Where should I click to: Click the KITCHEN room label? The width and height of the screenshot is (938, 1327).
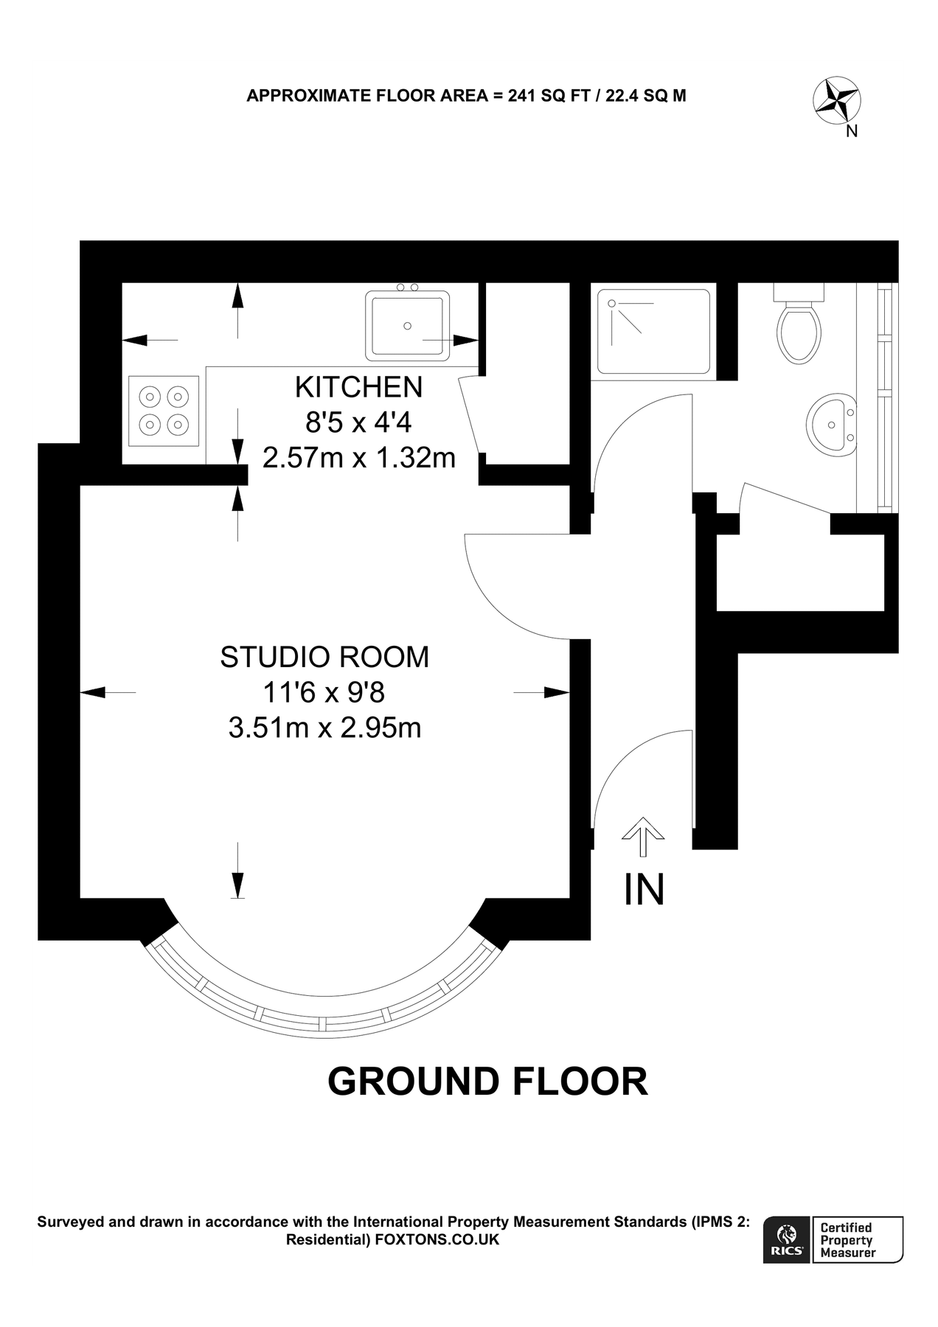(x=358, y=387)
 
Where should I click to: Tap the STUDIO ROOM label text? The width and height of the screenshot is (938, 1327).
(x=324, y=657)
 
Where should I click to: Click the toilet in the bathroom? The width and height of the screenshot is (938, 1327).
(x=799, y=328)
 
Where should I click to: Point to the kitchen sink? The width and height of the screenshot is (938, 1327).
(x=408, y=325)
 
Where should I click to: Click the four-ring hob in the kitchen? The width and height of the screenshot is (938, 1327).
(x=164, y=411)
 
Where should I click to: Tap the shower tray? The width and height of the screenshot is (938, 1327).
(x=653, y=331)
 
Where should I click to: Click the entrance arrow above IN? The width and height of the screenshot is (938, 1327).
(x=643, y=836)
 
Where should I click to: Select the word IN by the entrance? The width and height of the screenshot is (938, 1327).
(x=644, y=889)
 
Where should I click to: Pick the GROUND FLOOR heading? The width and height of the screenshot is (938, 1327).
(x=487, y=1082)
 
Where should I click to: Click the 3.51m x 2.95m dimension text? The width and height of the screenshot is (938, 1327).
(x=324, y=728)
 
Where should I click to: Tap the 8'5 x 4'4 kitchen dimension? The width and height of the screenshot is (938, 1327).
(x=358, y=422)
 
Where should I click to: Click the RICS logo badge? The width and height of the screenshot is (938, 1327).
(x=786, y=1239)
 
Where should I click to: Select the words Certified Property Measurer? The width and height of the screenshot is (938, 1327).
(x=848, y=1239)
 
